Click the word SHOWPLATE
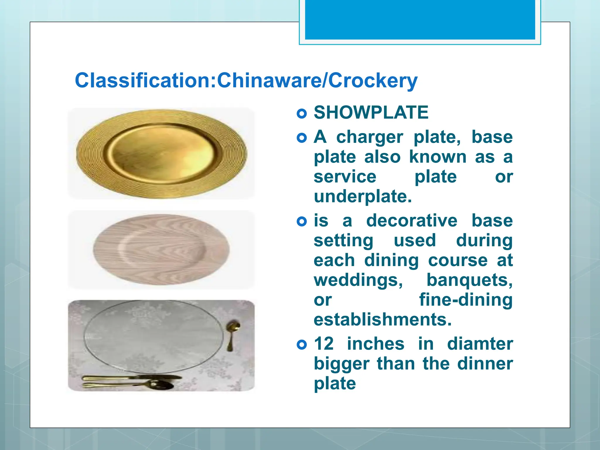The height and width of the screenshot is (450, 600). point(371,112)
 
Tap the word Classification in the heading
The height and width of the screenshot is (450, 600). point(143,80)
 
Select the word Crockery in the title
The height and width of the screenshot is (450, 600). point(373,80)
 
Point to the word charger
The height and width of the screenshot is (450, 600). point(369,137)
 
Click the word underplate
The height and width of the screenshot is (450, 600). point(363,196)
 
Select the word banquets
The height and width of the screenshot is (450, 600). point(469,280)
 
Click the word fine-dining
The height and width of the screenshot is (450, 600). point(466,300)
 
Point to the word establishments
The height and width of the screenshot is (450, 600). point(383,319)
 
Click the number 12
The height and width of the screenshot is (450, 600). point(324,344)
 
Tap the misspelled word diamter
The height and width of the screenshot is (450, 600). point(480,344)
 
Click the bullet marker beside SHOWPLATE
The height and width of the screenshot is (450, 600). point(301,113)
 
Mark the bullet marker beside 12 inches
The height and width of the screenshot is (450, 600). point(301,345)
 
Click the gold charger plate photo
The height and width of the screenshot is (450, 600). point(161,154)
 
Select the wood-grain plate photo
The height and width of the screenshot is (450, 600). point(161,250)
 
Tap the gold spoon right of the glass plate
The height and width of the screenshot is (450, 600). point(233,334)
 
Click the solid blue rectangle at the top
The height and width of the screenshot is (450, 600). point(420,19)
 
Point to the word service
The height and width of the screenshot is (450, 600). point(345,177)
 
